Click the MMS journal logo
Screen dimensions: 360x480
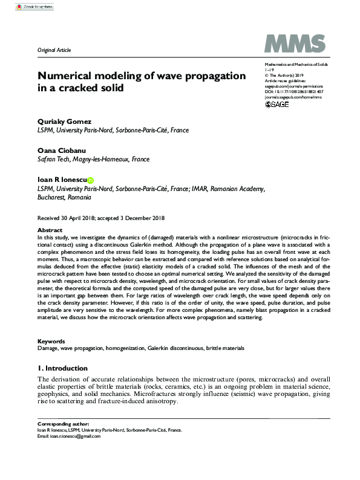coord(296,44)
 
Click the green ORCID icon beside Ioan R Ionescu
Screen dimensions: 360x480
coord(91,180)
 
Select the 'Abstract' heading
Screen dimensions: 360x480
coord(50,230)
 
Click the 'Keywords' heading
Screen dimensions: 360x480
coord(51,341)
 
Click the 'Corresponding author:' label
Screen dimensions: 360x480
coord(63,424)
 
